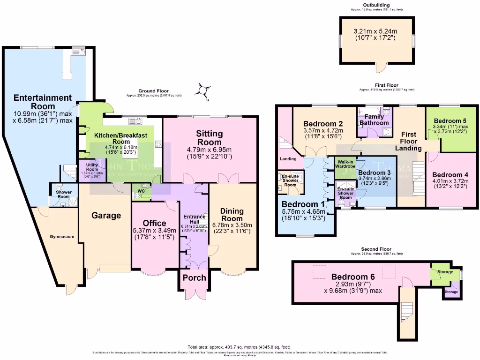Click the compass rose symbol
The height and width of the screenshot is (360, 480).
[203, 90]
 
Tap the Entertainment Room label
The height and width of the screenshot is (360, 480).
[43, 103]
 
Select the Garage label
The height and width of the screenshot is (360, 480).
[106, 215]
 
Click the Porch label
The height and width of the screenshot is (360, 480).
[194, 277]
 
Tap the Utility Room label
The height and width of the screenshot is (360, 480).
[92, 166]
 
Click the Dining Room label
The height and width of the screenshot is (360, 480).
[232, 215]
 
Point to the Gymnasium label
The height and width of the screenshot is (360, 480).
[62, 237]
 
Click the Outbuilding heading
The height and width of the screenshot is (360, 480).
[376, 5]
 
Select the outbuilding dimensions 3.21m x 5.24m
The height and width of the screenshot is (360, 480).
[375, 32]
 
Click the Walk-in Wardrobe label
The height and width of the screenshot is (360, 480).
[346, 163]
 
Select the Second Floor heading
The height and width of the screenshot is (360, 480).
[376, 249]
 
